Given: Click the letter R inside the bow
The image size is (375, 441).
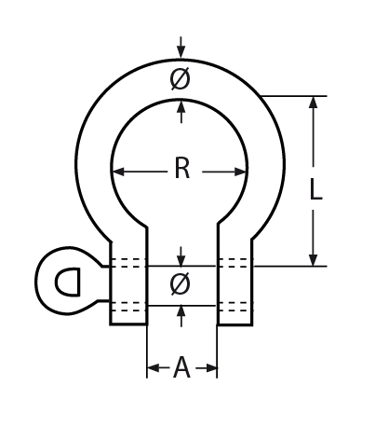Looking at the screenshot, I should (x=181, y=170).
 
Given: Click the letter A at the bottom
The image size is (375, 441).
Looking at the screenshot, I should (x=181, y=369).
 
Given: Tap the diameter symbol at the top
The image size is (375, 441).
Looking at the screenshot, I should (x=181, y=80).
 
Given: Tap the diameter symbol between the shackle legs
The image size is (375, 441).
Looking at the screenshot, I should (x=181, y=285).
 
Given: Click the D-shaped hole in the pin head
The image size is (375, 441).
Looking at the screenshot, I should (x=66, y=281).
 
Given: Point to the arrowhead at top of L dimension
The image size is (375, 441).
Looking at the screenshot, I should (x=314, y=103).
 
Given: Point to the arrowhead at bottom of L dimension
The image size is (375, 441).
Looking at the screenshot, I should (x=314, y=258).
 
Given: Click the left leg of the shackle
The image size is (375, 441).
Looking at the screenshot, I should (x=128, y=289).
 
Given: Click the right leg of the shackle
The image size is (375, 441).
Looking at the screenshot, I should (x=234, y=289).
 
